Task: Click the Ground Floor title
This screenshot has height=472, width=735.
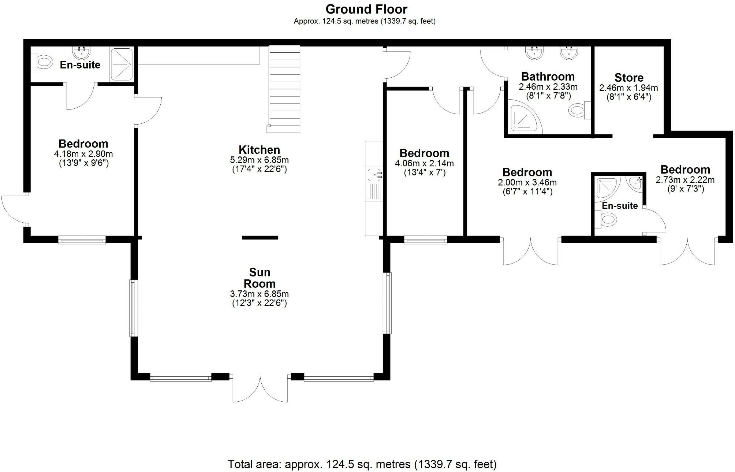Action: click(x=366, y=9)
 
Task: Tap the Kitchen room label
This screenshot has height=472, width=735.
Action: click(x=259, y=150)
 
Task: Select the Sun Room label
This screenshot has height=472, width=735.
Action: click(x=260, y=278)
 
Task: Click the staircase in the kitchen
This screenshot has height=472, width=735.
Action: click(x=285, y=89)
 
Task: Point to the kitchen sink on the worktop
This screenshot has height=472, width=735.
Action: click(x=374, y=175)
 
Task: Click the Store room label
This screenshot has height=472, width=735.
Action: click(x=629, y=78)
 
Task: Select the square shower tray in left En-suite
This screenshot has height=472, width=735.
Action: click(x=122, y=64)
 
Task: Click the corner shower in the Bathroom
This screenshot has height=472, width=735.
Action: click(x=522, y=118)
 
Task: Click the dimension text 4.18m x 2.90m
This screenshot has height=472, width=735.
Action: click(x=83, y=154)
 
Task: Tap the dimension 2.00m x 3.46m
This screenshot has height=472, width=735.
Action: click(x=527, y=182)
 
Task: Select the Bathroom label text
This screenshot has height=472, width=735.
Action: click(x=548, y=77)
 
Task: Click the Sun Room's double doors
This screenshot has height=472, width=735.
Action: click(x=260, y=388)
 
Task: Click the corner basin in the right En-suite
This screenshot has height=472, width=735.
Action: click(x=637, y=183)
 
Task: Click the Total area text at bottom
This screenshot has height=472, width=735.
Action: click(x=362, y=464)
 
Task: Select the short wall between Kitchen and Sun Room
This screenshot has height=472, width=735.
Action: click(x=260, y=238)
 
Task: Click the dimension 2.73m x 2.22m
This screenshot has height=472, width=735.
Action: click(x=685, y=180)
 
